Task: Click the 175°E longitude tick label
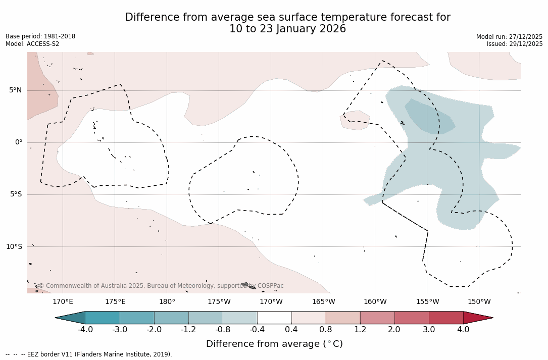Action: pos(115,302)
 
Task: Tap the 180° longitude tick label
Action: pos(167,302)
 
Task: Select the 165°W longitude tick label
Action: pos(323,302)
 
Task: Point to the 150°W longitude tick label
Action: pos(479,302)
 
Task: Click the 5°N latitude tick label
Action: pos(15,90)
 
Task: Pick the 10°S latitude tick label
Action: pos(14,247)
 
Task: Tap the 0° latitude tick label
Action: pos(19,142)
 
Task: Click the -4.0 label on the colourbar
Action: pos(85,330)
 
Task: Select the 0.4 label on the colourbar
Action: pos(291,330)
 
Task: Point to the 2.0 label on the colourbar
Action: pos(394,330)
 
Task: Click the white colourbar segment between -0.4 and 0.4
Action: pos(274,318)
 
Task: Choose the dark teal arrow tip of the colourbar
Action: pos(70,318)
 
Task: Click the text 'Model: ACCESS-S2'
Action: pos(32,44)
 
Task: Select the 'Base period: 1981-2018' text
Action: pos(40,36)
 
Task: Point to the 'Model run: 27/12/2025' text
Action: pos(509,37)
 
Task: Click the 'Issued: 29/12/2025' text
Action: pos(515,44)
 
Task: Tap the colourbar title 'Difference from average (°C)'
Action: pos(274,344)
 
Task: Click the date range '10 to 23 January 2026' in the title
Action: pos(287,29)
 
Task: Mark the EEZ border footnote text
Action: pos(89,354)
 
